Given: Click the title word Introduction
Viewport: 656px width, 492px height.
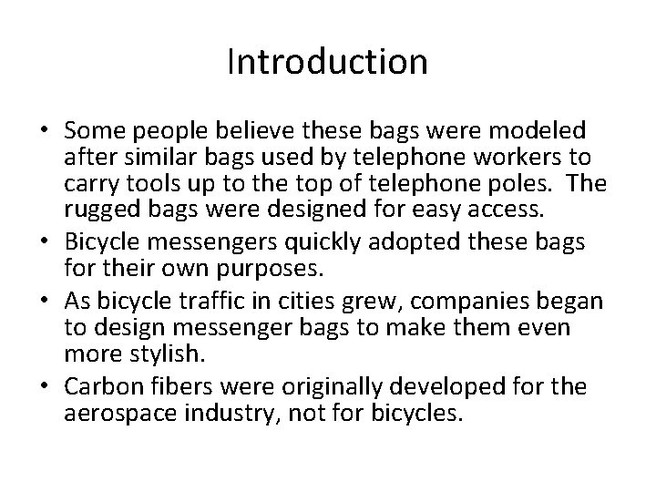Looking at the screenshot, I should coord(327,62).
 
